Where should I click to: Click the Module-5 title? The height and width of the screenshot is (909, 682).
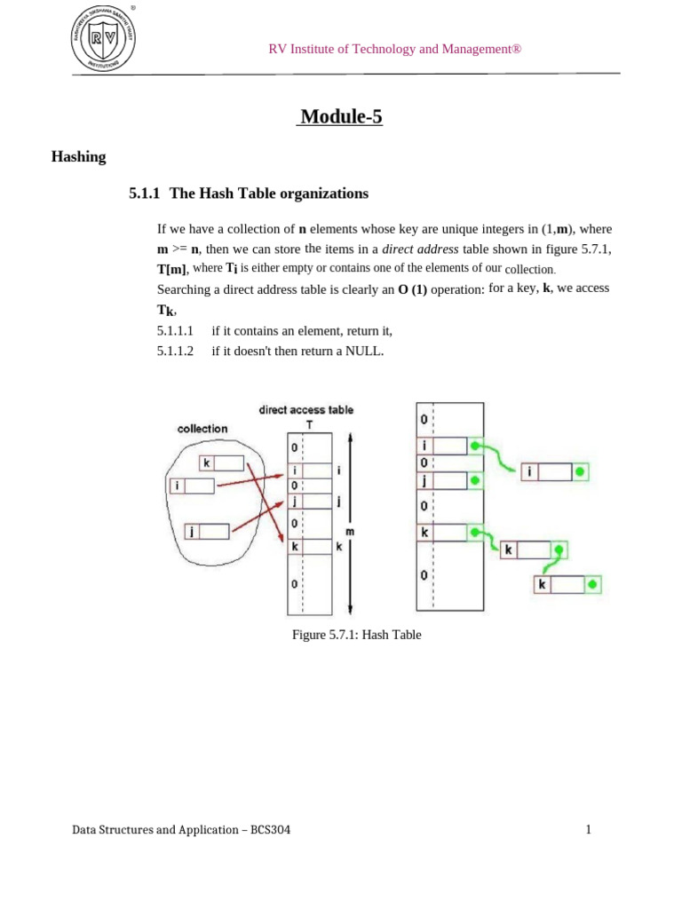(x=341, y=116)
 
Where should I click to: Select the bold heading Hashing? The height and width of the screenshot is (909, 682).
(x=80, y=157)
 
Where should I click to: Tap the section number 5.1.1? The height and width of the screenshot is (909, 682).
(x=145, y=194)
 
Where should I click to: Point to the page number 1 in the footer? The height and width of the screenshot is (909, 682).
(x=588, y=830)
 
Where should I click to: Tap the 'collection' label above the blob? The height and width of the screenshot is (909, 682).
(x=202, y=429)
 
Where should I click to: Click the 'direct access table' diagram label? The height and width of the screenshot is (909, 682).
(x=305, y=410)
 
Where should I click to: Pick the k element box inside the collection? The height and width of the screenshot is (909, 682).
(x=220, y=462)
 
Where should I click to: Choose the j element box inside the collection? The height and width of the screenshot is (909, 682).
(x=206, y=531)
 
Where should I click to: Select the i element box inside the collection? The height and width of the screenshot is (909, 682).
(x=194, y=485)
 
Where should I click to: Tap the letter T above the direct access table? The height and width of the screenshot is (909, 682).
(x=309, y=424)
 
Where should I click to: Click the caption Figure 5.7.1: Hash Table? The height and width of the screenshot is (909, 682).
(x=356, y=635)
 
